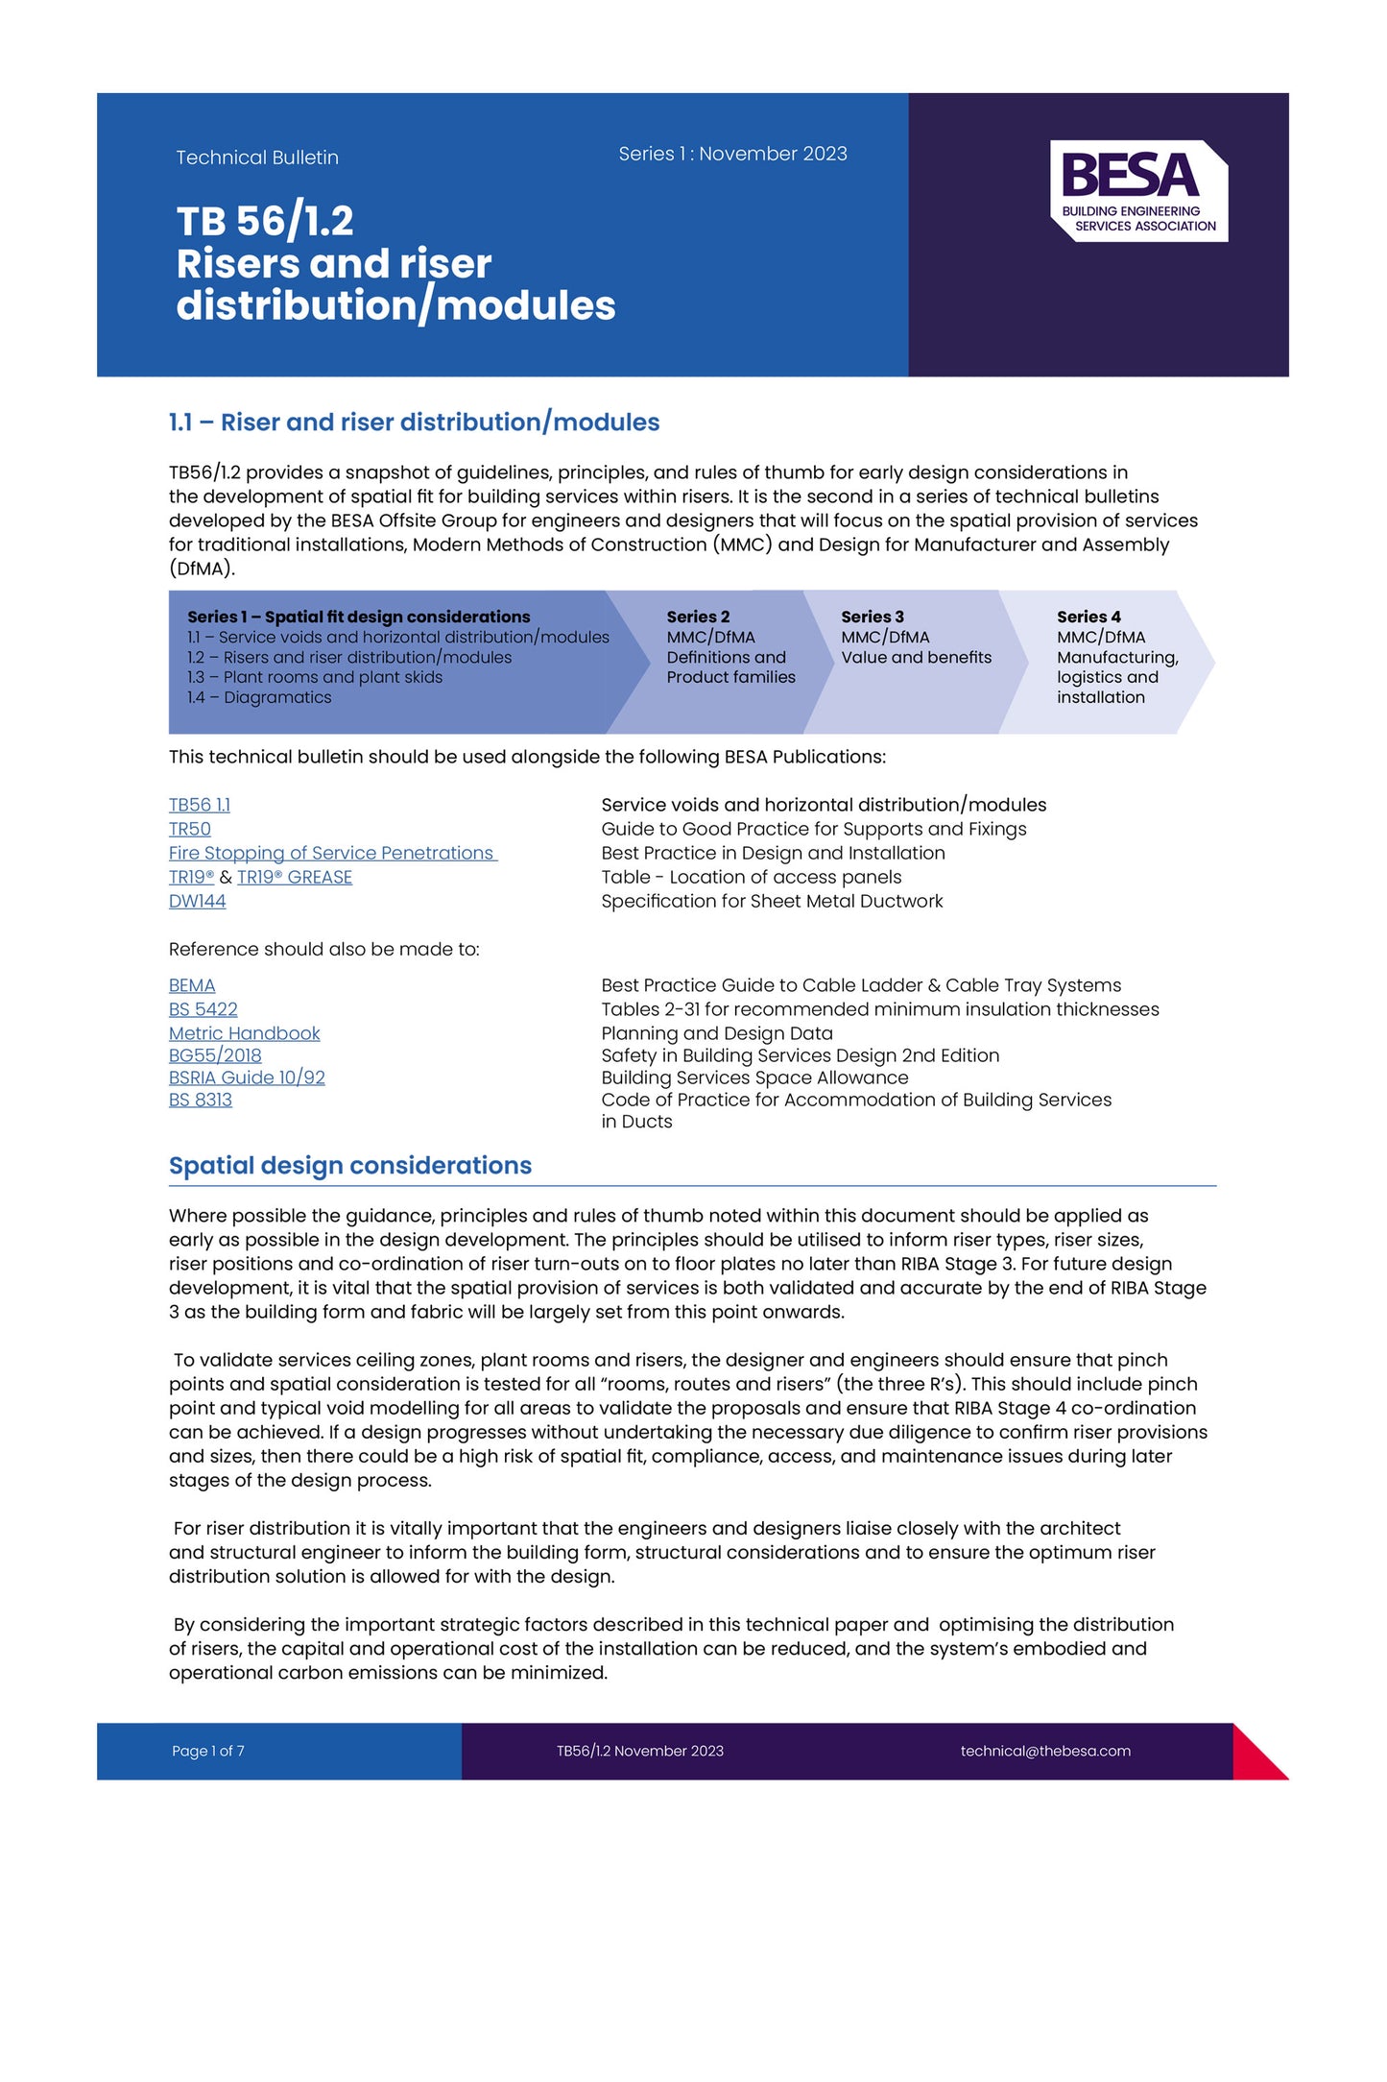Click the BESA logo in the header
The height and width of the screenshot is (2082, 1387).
1138,191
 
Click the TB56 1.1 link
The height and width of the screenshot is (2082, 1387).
200,805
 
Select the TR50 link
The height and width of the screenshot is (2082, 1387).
190,829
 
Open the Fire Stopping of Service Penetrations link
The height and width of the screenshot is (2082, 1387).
332,853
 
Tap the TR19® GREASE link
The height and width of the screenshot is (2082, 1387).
295,877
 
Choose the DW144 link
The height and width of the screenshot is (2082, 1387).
198,901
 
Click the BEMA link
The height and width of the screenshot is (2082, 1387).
192,985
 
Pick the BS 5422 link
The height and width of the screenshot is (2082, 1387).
203,1009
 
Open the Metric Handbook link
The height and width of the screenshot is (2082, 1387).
245,1033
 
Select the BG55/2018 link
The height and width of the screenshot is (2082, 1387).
215,1055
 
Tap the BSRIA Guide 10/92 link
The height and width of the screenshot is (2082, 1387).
247,1077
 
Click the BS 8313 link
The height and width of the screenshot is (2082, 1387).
201,1100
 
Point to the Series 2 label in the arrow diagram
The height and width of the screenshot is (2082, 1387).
698,617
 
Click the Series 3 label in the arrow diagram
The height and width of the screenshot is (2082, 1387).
873,617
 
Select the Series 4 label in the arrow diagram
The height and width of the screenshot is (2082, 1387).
1088,617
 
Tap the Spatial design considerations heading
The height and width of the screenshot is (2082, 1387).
350,1165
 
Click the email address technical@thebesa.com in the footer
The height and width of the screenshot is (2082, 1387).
1045,1751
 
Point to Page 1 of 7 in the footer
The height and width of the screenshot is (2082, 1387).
208,1751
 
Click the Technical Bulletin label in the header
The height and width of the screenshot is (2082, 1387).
257,157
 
